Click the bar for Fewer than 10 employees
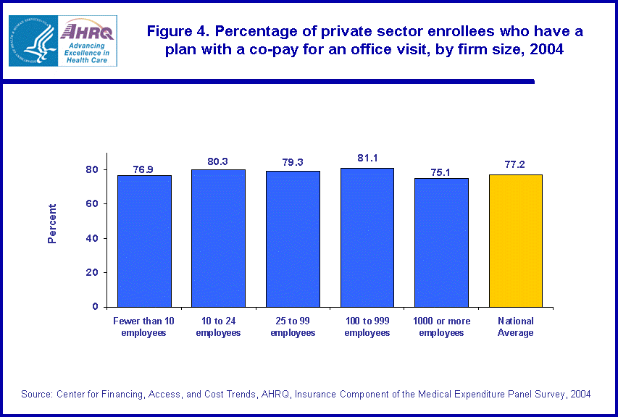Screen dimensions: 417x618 [x=144, y=241]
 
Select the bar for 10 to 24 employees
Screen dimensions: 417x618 [x=218, y=238]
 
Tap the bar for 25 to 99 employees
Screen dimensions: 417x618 [x=293, y=239]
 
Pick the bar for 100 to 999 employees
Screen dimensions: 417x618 [x=367, y=237]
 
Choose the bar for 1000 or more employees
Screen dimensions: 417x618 [x=441, y=243]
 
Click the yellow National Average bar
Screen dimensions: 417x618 [x=516, y=240]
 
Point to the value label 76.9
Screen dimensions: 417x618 [x=143, y=169]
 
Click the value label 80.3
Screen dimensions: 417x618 [x=218, y=161]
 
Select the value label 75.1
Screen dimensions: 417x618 [x=441, y=172]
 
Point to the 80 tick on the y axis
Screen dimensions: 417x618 [x=93, y=170]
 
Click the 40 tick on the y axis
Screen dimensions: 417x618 [x=93, y=239]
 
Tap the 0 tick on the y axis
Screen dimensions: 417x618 [x=96, y=307]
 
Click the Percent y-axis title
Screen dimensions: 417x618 [x=52, y=223]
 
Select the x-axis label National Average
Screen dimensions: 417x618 [x=516, y=327]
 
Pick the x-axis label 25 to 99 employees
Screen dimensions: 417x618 [x=293, y=327]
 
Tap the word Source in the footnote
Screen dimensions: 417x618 [x=36, y=395]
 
